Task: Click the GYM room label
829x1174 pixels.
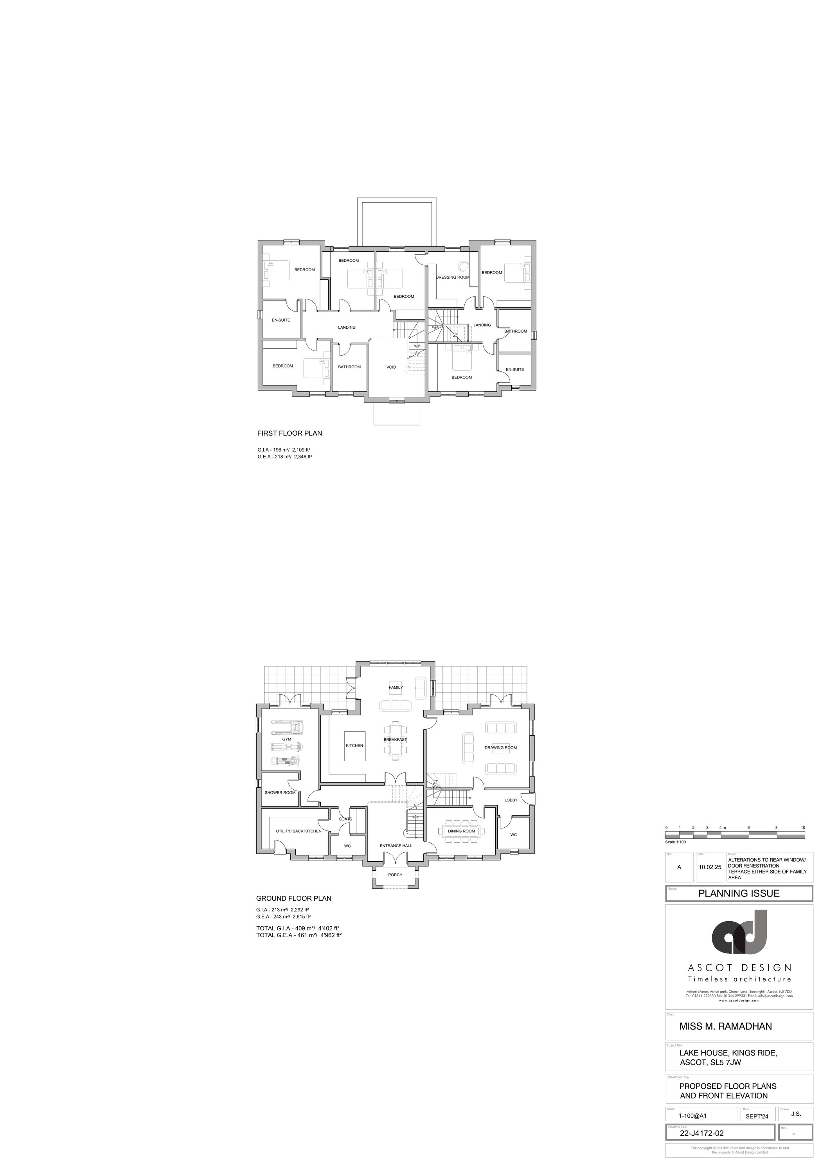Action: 286,739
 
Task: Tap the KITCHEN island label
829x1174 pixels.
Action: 354,745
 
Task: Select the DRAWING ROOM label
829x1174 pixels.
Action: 500,747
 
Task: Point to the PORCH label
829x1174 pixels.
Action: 395,875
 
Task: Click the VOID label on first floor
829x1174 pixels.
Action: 391,367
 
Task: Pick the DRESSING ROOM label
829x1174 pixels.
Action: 452,277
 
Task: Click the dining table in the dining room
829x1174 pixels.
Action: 462,831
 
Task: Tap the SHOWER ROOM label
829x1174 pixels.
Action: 280,792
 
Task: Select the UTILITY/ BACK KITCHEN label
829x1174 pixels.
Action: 299,831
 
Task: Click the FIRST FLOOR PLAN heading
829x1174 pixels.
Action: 289,433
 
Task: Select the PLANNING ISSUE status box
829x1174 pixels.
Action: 739,893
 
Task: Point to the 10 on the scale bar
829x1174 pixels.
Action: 803,827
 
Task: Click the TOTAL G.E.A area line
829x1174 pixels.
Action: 299,935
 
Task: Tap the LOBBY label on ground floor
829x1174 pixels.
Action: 511,800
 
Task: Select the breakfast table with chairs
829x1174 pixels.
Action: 396,739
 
